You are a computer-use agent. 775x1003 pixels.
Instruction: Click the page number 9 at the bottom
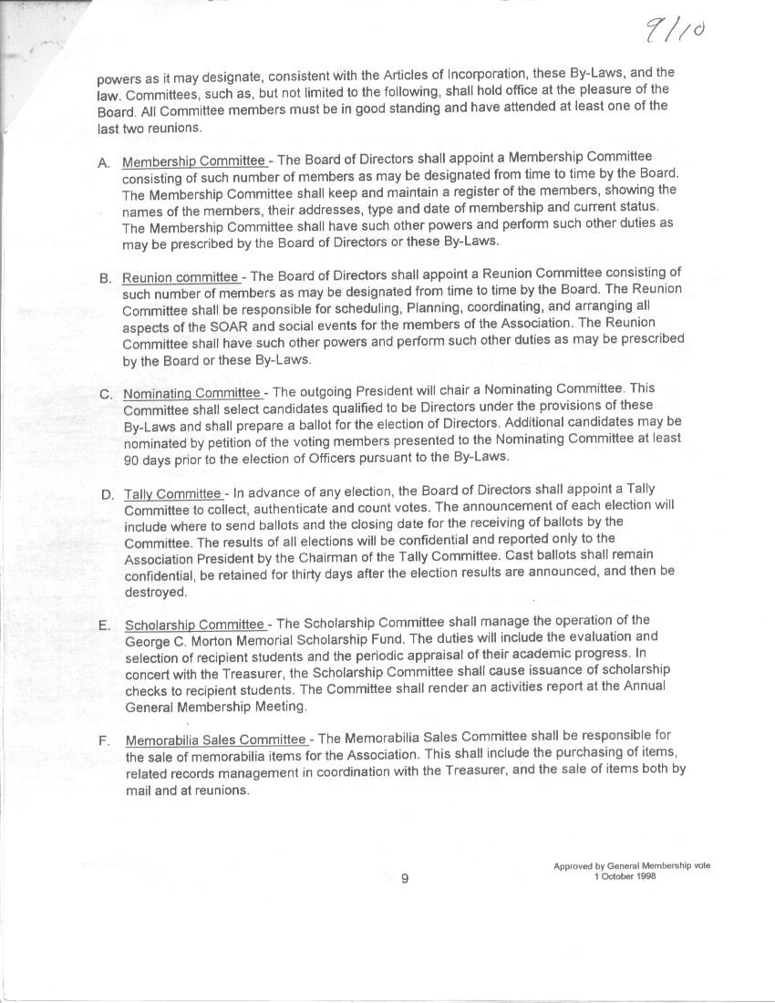tap(405, 878)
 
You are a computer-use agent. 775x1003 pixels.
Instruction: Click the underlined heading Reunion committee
tap(181, 277)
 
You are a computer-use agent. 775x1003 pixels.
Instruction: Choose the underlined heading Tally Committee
tap(173, 493)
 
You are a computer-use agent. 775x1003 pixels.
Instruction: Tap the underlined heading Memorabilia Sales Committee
tap(216, 739)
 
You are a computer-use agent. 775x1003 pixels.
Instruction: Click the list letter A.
tap(104, 162)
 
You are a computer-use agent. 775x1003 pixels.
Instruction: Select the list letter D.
tap(107, 495)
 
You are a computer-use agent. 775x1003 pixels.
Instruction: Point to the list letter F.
tap(105, 740)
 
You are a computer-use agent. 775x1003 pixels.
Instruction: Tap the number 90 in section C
tap(132, 460)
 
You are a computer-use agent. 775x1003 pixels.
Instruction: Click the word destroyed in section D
tap(155, 592)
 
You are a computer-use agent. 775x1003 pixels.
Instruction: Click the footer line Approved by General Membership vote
tap(631, 865)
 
